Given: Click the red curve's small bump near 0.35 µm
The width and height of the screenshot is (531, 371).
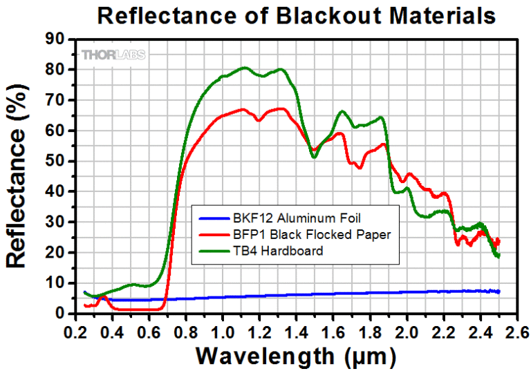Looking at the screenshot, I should [102, 298].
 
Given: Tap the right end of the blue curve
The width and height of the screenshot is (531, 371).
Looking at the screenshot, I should [499, 292].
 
